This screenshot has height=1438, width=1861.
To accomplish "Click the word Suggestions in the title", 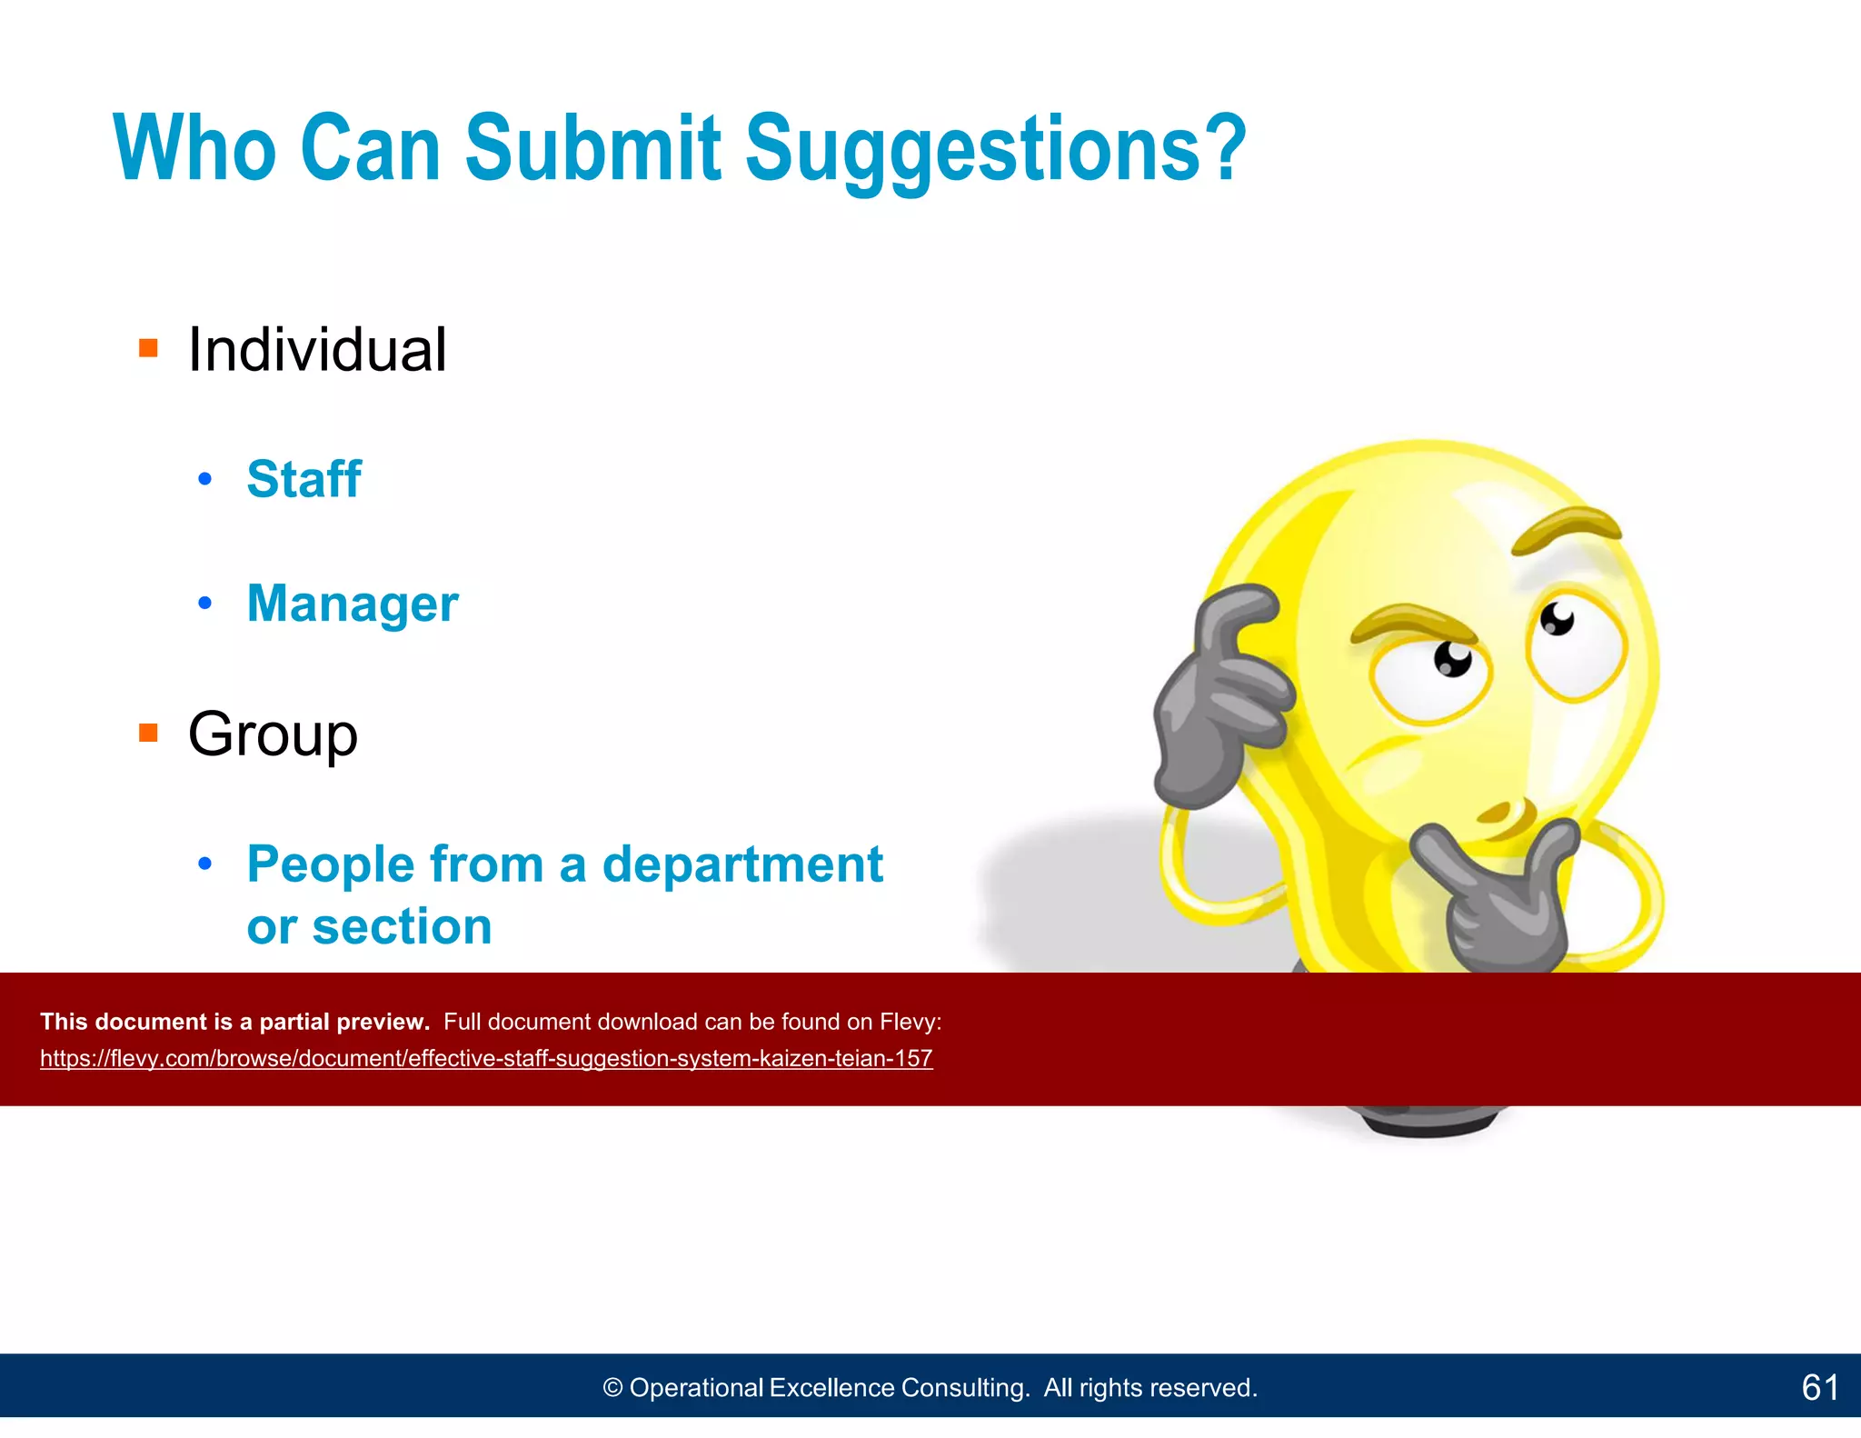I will pos(995,150).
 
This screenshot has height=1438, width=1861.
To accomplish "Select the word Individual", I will pos(316,350).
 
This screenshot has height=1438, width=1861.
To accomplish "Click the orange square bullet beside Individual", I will pos(148,348).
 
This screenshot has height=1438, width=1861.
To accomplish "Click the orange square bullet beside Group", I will pos(148,733).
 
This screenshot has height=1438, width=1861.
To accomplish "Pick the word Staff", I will pos(304,479).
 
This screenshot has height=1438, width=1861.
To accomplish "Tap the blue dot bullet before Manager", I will pos(205,603).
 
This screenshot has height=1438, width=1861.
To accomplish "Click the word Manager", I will pos(353,604).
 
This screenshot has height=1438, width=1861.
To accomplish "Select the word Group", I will pos(273,734).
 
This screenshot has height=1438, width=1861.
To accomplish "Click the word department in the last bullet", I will pos(742,864).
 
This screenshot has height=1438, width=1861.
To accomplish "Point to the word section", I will pos(401,926).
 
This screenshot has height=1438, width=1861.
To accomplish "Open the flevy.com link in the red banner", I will pos(486,1059).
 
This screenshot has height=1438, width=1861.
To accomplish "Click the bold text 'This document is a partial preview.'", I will pos(234,1022).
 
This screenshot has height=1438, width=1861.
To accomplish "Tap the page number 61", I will pos(1819,1387).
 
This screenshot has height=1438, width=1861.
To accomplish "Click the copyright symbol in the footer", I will pos(612,1388).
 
